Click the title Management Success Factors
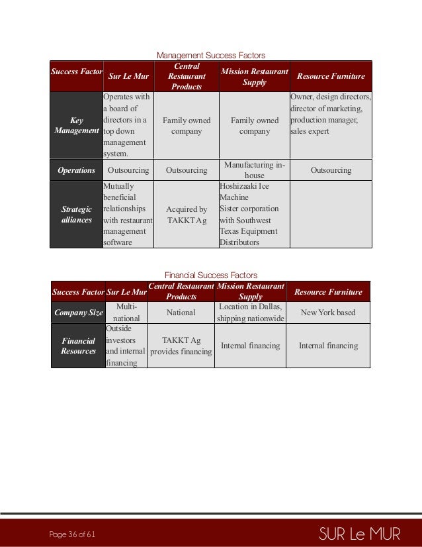pyautogui.click(x=210, y=55)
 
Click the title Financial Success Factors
pyautogui.click(x=210, y=275)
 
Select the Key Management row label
pyautogui.click(x=77, y=126)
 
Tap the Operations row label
pyautogui.click(x=77, y=170)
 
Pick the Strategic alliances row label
pyautogui.click(x=77, y=215)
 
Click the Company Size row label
pyautogui.click(x=78, y=312)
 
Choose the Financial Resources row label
pyautogui.click(x=78, y=346)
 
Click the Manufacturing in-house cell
pyautogui.click(x=255, y=170)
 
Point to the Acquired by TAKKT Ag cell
pyautogui.click(x=187, y=215)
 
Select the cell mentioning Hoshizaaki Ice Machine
pyautogui.click(x=254, y=215)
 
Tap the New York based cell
pyautogui.click(x=328, y=312)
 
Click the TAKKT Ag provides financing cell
pyautogui.click(x=181, y=346)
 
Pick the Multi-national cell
pyautogui.click(x=126, y=312)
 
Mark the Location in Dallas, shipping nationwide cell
pyautogui.click(x=251, y=312)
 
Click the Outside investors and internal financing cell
pyautogui.click(x=126, y=346)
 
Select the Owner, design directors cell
pyautogui.click(x=331, y=114)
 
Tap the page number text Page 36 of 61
pyautogui.click(x=73, y=534)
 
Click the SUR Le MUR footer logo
pyautogui.click(x=359, y=533)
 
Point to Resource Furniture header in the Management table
pyautogui.click(x=331, y=76)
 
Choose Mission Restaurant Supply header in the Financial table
pyautogui.click(x=251, y=291)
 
